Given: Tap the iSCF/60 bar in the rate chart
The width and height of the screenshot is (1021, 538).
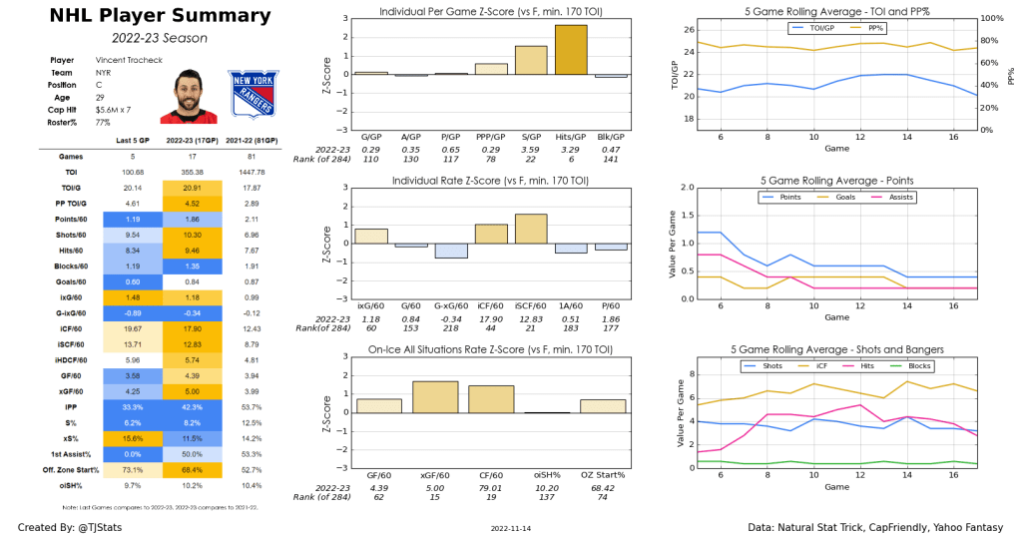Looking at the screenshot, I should pos(531,229).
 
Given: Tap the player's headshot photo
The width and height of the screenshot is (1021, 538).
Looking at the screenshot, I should pos(182,96).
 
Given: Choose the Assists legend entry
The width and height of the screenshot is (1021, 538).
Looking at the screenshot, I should pos(899,198).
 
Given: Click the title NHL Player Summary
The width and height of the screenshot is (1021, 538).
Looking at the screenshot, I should pos(146,16).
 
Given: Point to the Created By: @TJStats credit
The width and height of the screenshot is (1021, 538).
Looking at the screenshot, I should pos(67,526).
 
